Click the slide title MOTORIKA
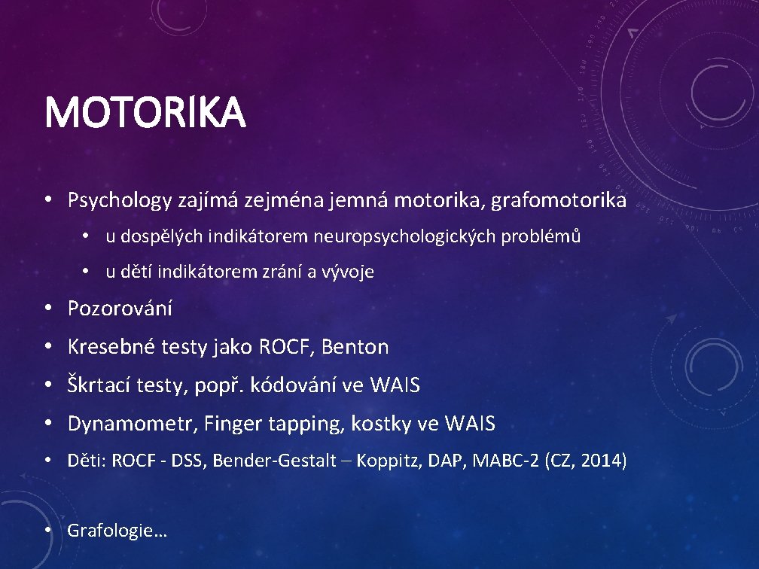(145, 113)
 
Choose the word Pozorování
(120, 308)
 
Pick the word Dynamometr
(133, 424)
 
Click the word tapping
(312, 424)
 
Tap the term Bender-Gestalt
(274, 461)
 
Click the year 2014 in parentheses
(603, 461)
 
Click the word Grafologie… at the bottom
(117, 531)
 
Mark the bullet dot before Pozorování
(47, 308)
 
